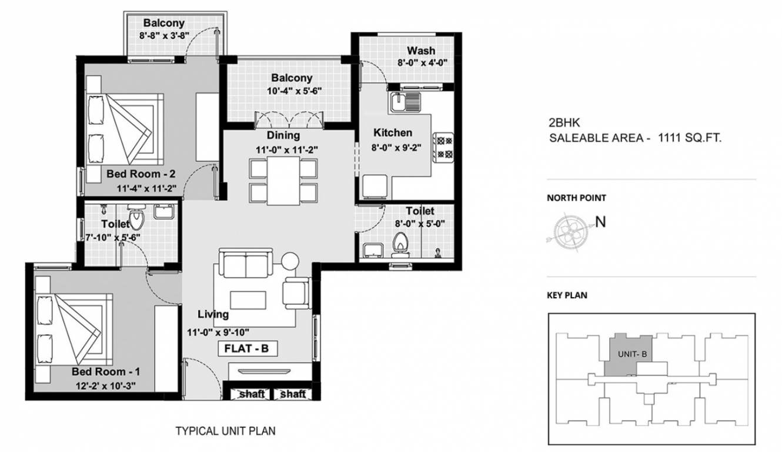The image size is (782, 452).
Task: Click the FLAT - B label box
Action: click(x=247, y=348)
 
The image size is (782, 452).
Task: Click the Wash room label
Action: click(x=421, y=51)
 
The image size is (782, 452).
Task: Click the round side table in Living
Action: click(x=291, y=261)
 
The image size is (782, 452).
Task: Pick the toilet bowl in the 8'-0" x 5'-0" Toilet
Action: click(x=402, y=243)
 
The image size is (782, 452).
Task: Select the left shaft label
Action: click(x=251, y=394)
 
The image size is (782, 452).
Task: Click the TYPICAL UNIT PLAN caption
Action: click(x=226, y=431)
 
